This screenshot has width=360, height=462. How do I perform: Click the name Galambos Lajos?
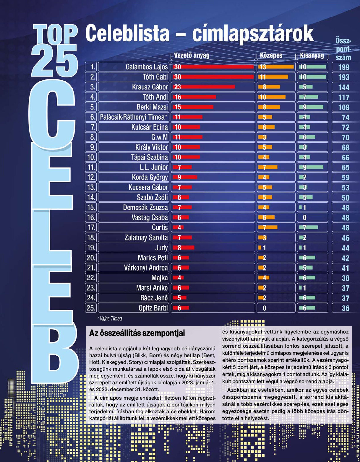[147, 67]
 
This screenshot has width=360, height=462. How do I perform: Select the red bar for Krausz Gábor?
[204, 87]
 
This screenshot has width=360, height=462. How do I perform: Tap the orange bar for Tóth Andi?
[272, 97]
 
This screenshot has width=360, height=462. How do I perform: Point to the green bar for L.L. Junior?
[311, 167]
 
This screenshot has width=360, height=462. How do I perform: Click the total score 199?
[344, 67]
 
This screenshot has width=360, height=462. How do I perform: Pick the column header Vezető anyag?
[191, 56]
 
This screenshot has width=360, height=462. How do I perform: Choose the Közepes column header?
[271, 56]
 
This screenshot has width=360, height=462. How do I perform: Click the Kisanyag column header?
[312, 56]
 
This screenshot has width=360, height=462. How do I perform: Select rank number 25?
[90, 308]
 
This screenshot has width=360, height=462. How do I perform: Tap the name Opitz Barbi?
[153, 308]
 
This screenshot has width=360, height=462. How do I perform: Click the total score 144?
[344, 87]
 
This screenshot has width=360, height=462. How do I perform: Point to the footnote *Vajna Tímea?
[110, 318]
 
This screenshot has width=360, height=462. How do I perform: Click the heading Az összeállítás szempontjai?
[137, 333]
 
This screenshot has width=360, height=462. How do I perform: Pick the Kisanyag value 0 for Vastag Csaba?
[305, 218]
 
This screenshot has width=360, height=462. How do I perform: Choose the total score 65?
[345, 167]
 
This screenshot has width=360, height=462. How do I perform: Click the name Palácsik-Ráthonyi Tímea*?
[134, 117]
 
